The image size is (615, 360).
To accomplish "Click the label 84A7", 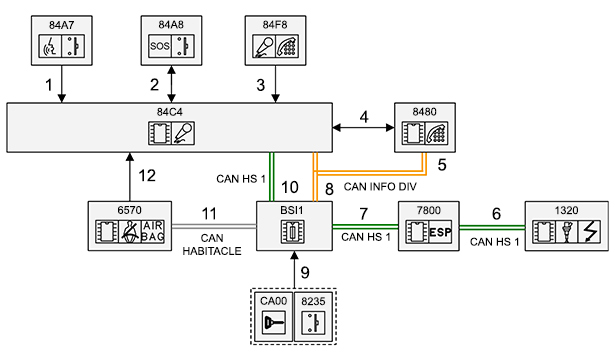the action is [62, 25].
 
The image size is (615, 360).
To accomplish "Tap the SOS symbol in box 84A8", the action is [160, 46].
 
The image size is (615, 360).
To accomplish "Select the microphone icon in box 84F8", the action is [264, 46].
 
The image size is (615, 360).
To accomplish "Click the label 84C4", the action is [169, 112].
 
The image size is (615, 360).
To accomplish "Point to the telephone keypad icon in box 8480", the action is [436, 133].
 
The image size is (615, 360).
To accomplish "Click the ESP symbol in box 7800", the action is [440, 232].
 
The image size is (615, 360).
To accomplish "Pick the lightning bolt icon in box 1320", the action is [590, 232].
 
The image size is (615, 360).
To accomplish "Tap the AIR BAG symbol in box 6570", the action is [153, 232].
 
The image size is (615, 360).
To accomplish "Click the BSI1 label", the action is [292, 211].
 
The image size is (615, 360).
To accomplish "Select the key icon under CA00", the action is [273, 322].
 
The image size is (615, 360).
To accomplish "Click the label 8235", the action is [313, 301].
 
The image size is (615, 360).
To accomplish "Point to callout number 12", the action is [147, 176].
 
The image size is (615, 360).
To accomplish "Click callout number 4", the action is [364, 117].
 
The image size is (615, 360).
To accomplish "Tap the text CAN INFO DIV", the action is [380, 187].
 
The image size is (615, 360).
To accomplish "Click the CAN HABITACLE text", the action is [212, 244].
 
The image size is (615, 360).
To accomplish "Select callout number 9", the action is [305, 273].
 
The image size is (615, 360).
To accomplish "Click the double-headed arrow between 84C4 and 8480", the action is [363, 127].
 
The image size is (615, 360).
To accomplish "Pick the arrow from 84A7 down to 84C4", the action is [62, 84].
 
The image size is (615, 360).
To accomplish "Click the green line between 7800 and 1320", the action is [492, 227].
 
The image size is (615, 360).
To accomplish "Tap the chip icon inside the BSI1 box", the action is [293, 231].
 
